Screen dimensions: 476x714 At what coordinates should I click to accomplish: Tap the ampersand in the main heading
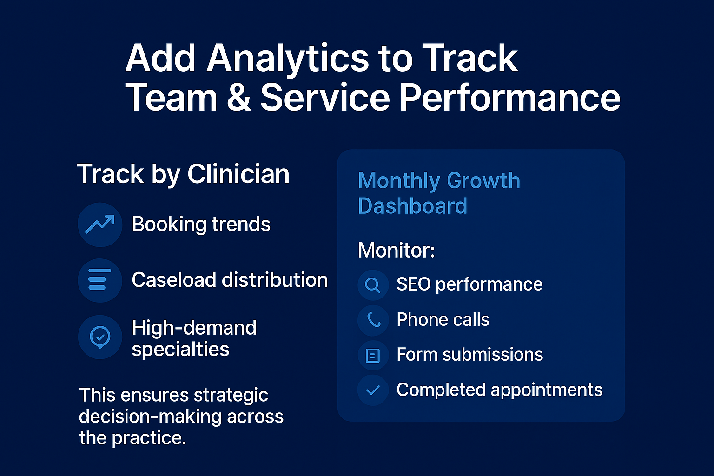(x=239, y=98)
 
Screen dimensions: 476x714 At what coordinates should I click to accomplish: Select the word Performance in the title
(x=510, y=98)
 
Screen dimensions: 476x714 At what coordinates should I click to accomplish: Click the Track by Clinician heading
(x=183, y=174)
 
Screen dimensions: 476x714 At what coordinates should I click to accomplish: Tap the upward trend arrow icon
(x=100, y=225)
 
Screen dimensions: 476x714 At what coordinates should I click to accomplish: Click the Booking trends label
(x=201, y=225)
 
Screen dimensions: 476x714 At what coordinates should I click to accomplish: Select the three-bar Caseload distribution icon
(x=99, y=280)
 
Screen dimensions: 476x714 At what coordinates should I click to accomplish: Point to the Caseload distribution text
(x=230, y=280)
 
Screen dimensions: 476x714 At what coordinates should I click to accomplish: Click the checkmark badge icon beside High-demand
(x=100, y=337)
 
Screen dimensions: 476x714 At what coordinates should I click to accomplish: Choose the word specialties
(x=180, y=350)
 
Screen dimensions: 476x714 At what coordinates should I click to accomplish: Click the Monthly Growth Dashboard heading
(x=438, y=193)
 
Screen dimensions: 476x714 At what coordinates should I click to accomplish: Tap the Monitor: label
(x=396, y=251)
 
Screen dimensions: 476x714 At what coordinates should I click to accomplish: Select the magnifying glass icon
(x=373, y=284)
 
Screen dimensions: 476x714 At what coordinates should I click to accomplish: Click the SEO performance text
(x=469, y=284)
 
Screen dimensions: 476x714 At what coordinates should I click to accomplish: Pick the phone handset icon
(x=373, y=320)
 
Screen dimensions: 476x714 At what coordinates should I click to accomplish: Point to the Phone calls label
(x=443, y=320)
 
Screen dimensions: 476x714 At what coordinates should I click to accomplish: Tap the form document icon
(x=373, y=356)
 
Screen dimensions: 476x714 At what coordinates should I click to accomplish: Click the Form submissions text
(x=469, y=355)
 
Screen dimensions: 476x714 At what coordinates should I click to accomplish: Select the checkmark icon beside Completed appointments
(x=373, y=390)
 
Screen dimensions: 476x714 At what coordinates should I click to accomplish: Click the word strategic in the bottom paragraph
(x=231, y=396)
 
